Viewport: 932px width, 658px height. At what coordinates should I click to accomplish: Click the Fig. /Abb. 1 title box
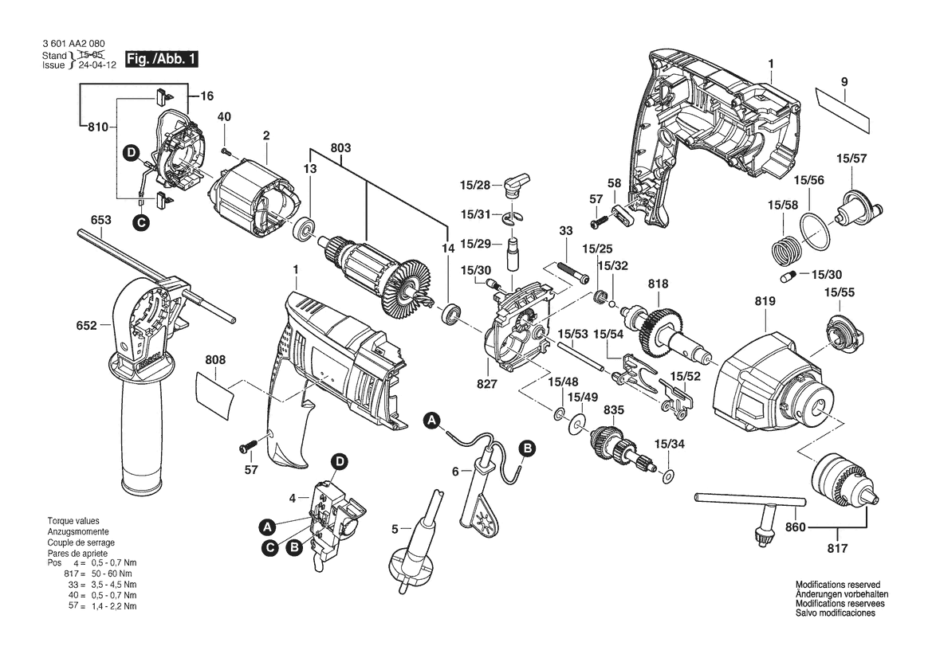coord(162,61)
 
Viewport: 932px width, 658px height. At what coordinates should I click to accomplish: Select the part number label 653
coord(101,220)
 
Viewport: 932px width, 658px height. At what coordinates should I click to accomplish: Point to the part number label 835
coord(614,410)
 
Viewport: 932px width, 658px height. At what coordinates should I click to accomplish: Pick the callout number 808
coord(215,360)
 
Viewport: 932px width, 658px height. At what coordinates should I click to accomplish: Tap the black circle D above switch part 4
coord(340,461)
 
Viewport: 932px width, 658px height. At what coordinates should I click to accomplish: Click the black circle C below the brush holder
coord(141,224)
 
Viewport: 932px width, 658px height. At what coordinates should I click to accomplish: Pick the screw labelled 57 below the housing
coord(245,445)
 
